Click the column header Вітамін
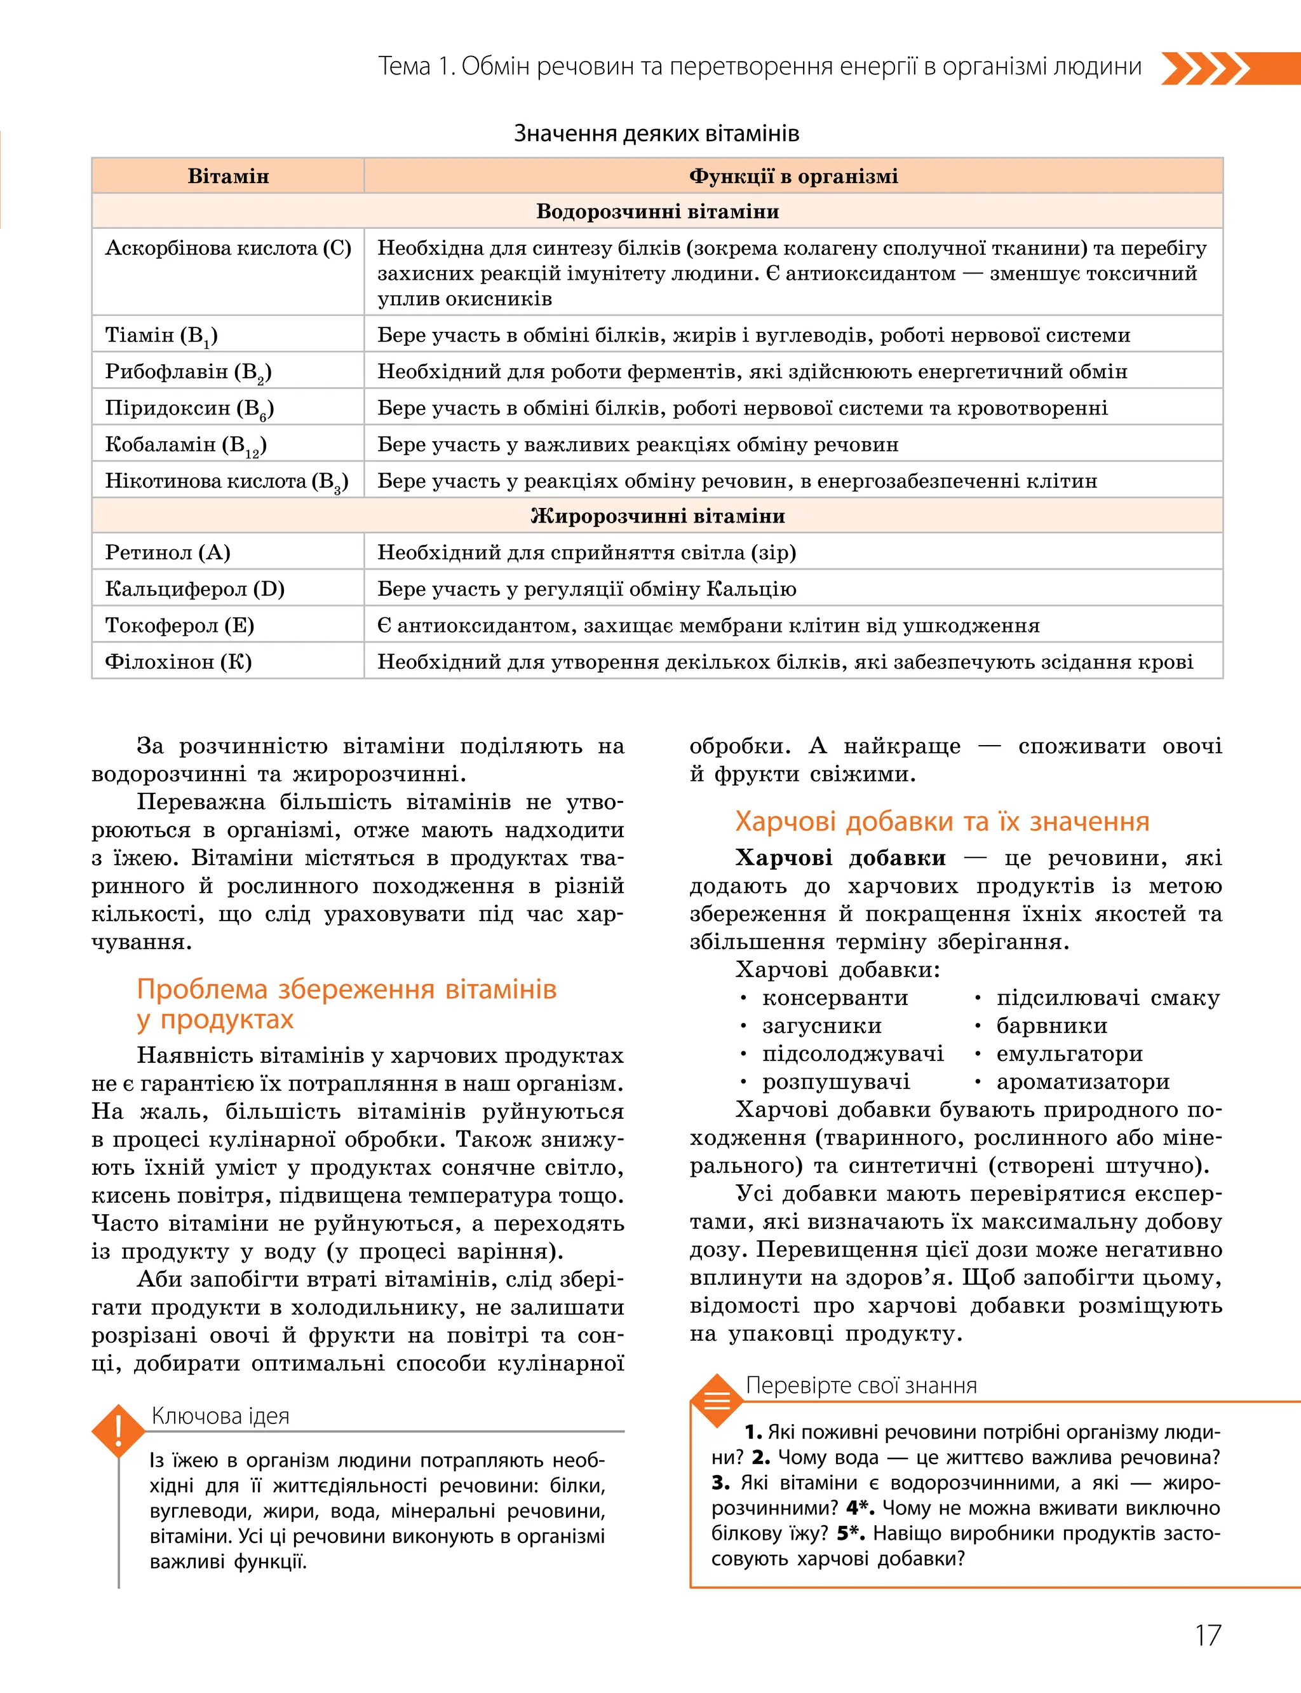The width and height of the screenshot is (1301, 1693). (x=229, y=176)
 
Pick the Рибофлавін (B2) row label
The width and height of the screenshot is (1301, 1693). (x=188, y=372)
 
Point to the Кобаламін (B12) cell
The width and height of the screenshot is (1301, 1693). (x=186, y=445)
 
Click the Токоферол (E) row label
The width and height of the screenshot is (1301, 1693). (x=180, y=626)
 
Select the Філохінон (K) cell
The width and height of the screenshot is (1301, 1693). (x=178, y=662)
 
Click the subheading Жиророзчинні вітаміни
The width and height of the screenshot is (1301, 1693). (x=657, y=516)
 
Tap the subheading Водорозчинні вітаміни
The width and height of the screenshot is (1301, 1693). (x=657, y=212)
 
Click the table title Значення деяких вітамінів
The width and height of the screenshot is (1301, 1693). (x=657, y=134)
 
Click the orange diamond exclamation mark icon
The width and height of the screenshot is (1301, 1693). (x=119, y=1430)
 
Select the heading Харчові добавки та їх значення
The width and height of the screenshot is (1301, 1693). (x=941, y=821)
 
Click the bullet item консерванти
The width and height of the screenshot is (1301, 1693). (x=835, y=998)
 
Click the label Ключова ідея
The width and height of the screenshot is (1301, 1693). (x=220, y=1416)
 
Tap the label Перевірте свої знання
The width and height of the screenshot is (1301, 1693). (x=861, y=1385)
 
